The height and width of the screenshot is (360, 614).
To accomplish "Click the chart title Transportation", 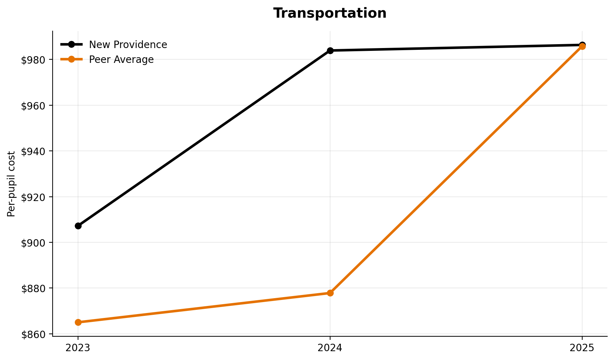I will (330, 13).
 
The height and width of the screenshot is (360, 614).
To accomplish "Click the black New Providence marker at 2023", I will (78, 226).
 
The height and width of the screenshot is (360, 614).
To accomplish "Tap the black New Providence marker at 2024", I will (330, 51).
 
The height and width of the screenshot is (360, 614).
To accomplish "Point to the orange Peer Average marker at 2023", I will (78, 322).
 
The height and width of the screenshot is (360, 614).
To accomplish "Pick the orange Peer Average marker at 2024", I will (330, 293).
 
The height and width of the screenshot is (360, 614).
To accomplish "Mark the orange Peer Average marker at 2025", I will (582, 47).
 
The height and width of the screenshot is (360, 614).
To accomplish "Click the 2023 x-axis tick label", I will (78, 348).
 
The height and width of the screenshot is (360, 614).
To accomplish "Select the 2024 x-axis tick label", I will (330, 348).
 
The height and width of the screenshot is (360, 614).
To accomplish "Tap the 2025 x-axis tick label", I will (582, 348).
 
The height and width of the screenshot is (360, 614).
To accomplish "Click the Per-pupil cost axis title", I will (11, 184).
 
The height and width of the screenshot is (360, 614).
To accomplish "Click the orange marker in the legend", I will (71, 59).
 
